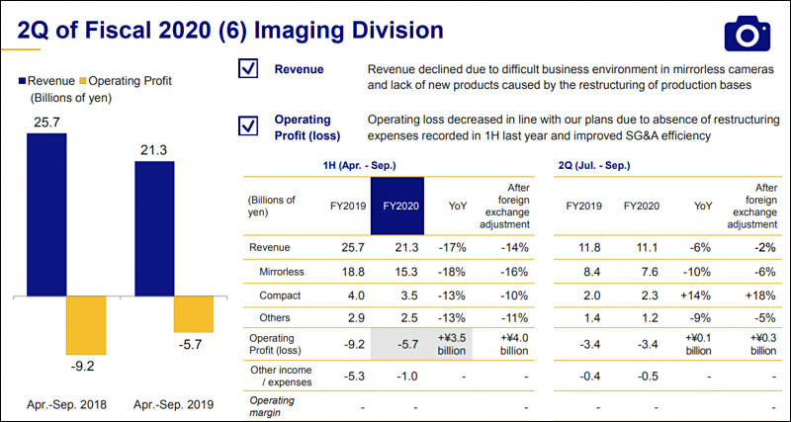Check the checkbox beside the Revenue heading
[x=248, y=70]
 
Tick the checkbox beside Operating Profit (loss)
[x=248, y=126]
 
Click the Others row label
[x=277, y=319]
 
